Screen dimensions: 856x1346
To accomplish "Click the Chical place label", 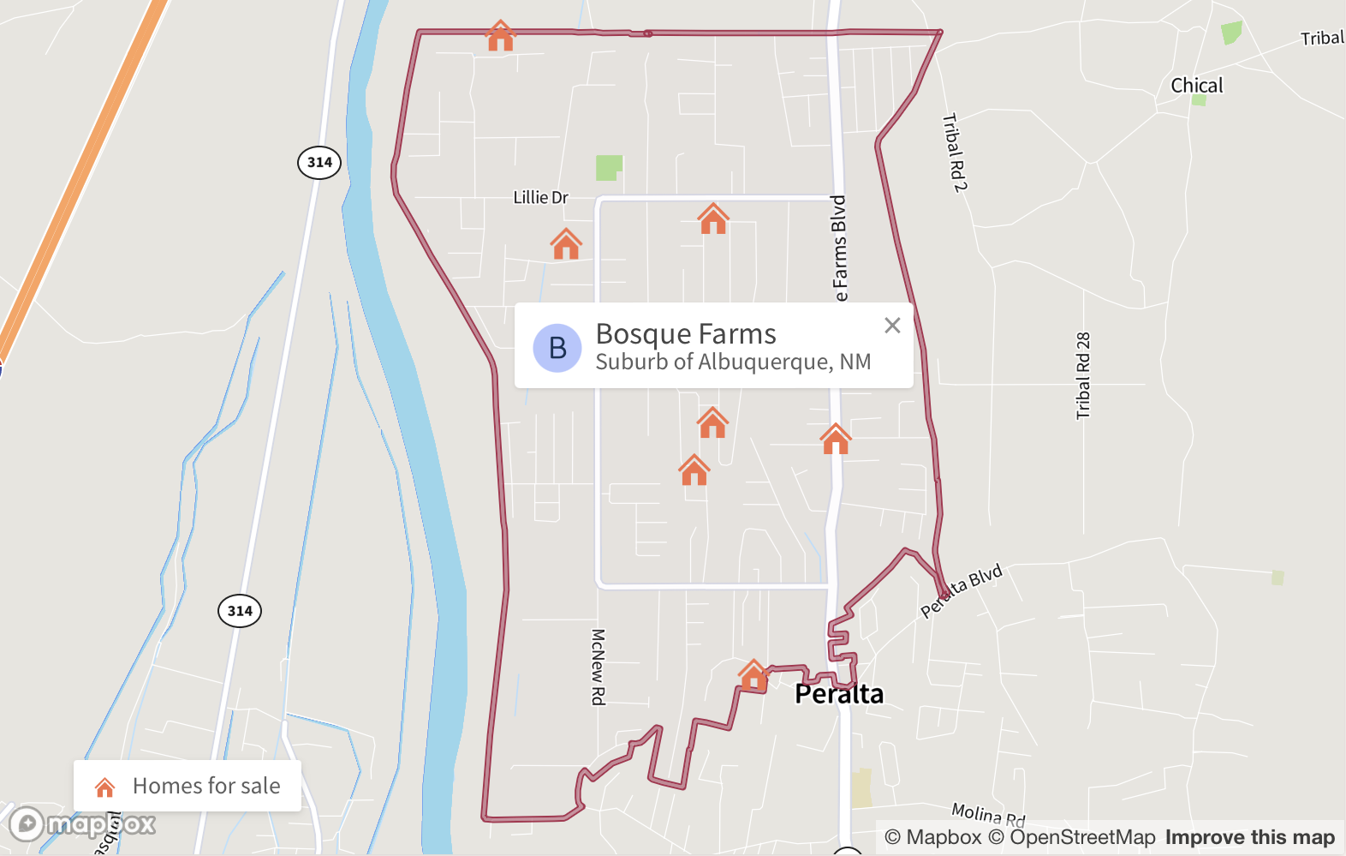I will [1196, 86].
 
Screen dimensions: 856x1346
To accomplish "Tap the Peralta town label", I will [839, 694].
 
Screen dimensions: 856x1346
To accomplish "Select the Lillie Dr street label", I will [540, 198].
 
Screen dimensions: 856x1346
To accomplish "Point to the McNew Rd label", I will [599, 667].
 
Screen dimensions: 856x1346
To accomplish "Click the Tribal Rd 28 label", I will [1083, 375].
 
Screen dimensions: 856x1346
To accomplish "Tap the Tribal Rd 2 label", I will [955, 152].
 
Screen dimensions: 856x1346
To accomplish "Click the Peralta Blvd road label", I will [962, 590].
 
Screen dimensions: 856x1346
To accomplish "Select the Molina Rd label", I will [988, 813].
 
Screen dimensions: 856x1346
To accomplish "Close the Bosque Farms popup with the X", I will [892, 326].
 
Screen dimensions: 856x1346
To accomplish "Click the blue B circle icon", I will [557, 348].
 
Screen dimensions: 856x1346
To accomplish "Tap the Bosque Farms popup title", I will [686, 333].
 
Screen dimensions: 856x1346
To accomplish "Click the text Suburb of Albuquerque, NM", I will [733, 362].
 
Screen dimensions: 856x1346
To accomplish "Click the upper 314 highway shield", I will [319, 162].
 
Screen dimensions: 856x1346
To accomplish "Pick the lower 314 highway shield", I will [240, 611].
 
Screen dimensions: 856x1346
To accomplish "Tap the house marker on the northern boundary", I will [500, 37].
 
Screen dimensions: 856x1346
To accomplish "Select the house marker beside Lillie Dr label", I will [566, 244].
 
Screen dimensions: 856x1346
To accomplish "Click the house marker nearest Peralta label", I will [753, 675].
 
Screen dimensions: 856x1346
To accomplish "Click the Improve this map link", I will [1249, 837].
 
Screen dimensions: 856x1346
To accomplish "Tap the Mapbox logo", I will [82, 824].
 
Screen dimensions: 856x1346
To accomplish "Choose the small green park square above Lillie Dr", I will [609, 167].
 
